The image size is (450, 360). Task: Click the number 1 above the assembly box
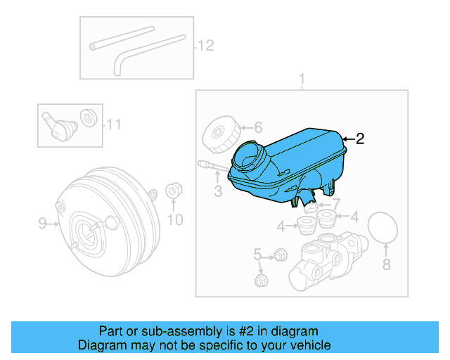click(x=302, y=79)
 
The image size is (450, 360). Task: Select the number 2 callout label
click(x=360, y=139)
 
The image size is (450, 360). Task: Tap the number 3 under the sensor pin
click(x=218, y=190)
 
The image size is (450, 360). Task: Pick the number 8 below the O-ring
click(x=385, y=264)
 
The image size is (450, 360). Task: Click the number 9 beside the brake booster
click(x=42, y=224)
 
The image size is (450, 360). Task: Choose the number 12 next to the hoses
click(x=205, y=46)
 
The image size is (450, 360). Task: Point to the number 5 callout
click(x=257, y=254)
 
